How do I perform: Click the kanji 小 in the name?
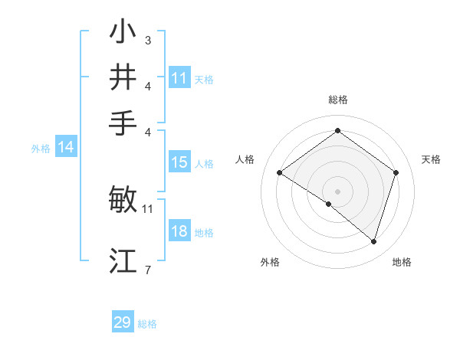click(123, 33)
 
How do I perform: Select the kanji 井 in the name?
click(123, 77)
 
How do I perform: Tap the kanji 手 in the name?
click(123, 122)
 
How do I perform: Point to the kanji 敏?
click(123, 200)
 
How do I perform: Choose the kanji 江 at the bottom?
click(123, 260)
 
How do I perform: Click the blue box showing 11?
click(179, 78)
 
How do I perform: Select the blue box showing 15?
click(179, 162)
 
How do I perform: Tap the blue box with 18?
click(179, 232)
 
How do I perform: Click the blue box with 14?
click(65, 148)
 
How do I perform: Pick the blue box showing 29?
click(123, 322)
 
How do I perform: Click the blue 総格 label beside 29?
click(148, 324)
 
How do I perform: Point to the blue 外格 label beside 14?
click(41, 149)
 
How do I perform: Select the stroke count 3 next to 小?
click(147, 40)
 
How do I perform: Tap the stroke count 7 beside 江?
click(147, 269)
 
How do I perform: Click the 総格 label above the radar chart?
click(338, 100)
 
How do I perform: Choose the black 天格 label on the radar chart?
click(432, 159)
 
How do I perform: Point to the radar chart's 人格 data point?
click(280, 173)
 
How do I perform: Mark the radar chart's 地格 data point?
click(373, 241)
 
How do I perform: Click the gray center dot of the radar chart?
click(338, 191)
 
